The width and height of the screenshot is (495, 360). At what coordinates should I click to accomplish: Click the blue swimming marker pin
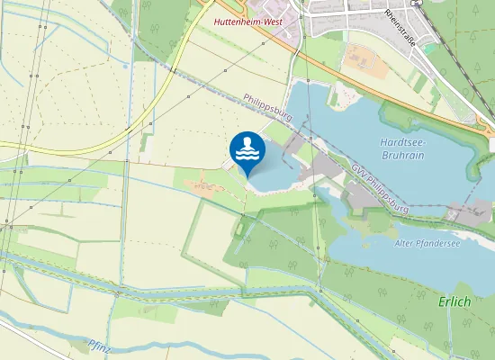coord(247,150)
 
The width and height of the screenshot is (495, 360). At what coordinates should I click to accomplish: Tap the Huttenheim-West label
coord(248,20)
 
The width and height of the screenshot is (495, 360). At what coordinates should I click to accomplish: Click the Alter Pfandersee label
coord(427,243)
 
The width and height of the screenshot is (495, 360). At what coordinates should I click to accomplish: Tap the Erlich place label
coord(454,301)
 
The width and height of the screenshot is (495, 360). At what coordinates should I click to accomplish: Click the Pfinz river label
coord(100,344)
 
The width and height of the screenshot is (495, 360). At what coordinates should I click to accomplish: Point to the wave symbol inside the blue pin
coord(247,155)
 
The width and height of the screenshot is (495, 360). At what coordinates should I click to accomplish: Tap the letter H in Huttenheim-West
coord(217,20)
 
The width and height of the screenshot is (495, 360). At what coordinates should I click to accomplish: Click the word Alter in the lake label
coord(406,243)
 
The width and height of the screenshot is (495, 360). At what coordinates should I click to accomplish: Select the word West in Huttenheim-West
coord(272,20)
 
